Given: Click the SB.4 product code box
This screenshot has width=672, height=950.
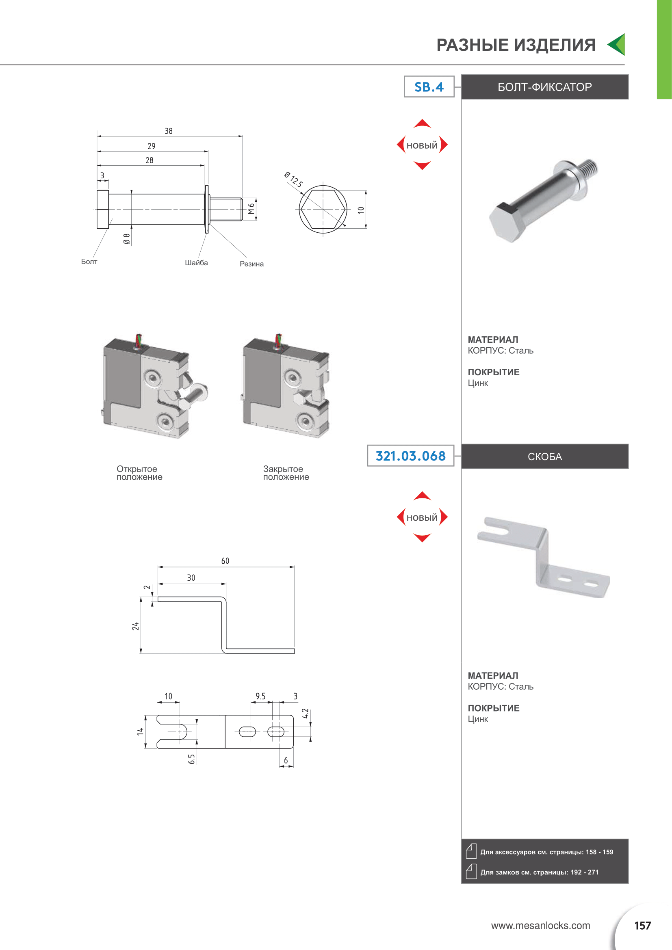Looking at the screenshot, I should [x=429, y=87].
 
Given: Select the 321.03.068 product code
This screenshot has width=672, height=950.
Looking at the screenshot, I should [x=410, y=456].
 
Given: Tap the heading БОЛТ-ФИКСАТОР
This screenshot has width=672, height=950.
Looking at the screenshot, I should [x=544, y=87].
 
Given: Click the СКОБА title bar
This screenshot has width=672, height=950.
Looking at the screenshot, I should [x=544, y=457].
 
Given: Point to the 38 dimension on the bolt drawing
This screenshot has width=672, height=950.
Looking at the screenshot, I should [x=169, y=131].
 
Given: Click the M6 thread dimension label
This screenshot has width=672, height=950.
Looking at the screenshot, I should [x=251, y=209].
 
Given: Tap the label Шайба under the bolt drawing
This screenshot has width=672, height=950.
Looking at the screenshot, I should [x=196, y=263].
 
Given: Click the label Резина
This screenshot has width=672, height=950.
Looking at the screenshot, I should [x=251, y=264].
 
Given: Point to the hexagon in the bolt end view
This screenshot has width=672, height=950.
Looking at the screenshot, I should [x=323, y=209].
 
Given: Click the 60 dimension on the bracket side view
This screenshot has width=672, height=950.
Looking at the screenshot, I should [x=225, y=561].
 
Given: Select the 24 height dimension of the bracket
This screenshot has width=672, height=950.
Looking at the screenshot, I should [x=135, y=626].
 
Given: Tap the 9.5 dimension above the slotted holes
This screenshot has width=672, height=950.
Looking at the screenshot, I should [x=260, y=697].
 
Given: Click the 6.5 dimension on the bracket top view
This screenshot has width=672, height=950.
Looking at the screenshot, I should [x=191, y=759].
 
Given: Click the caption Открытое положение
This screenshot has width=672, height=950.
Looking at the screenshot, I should [x=139, y=473].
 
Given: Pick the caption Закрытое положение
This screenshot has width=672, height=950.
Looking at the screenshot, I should [x=286, y=473].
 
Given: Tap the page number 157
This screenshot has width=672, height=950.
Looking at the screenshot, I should [x=642, y=926].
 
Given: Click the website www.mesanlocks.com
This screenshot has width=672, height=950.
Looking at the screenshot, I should [x=540, y=926].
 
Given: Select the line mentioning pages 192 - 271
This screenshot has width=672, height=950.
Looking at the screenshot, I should [x=539, y=872].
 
